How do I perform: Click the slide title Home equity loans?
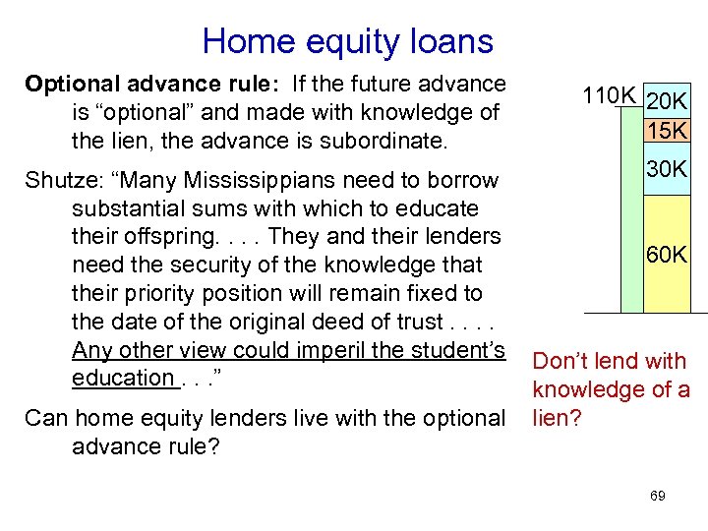(x=347, y=41)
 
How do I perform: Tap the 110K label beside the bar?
(x=609, y=95)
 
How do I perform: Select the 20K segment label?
(x=667, y=102)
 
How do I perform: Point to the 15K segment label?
(x=667, y=131)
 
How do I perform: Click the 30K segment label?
(x=667, y=170)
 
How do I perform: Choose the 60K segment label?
(x=667, y=256)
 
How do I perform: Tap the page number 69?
(x=658, y=496)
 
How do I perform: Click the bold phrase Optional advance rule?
(x=141, y=85)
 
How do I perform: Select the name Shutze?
(x=58, y=181)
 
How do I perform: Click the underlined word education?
(x=123, y=378)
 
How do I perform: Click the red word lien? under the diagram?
(x=557, y=418)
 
